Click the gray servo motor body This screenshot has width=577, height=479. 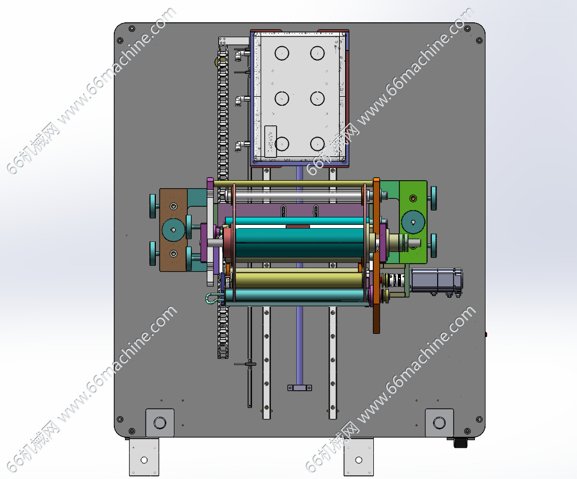pos(436,280)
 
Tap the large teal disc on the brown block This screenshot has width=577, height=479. pos(173,230)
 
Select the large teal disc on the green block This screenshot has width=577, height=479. pos(413,222)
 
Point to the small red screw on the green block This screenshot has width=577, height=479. pos(413,199)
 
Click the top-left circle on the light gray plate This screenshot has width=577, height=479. pos(282,53)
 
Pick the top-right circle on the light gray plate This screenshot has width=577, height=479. pos(317,53)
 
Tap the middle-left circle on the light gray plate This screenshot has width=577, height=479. pos(282,98)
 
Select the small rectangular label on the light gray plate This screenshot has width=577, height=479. pos(271,141)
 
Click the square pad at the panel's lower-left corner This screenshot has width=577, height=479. pos(160,423)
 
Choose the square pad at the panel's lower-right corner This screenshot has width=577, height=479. pos(439,423)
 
